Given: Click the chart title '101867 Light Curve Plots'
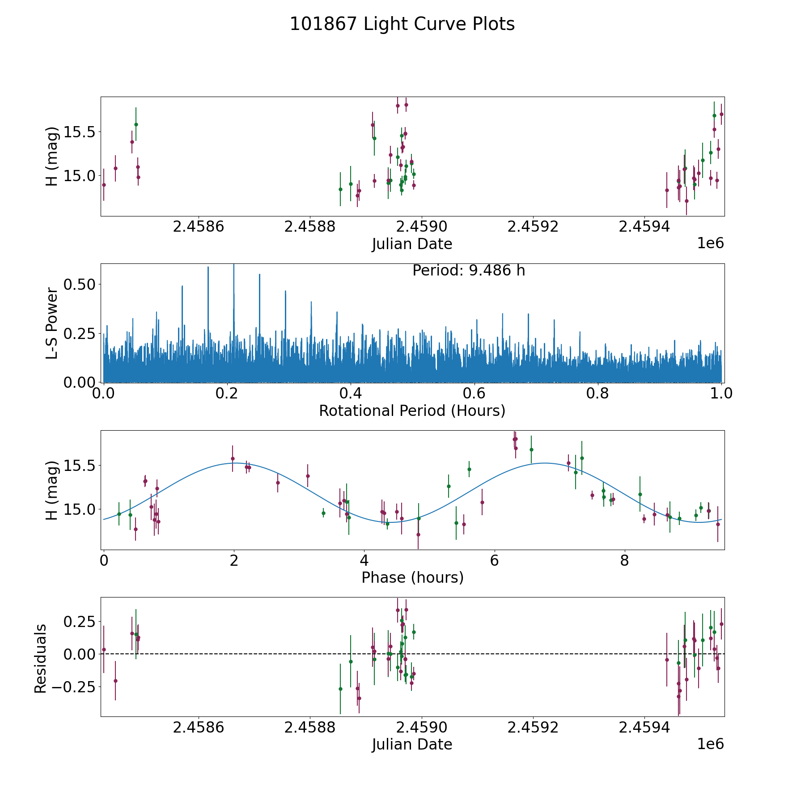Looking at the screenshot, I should pyautogui.click(x=402, y=24).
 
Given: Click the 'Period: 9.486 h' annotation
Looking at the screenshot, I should pyautogui.click(x=468, y=271).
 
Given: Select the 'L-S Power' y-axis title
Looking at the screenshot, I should pyautogui.click(x=52, y=323).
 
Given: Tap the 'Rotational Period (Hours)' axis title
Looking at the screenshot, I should pyautogui.click(x=412, y=411).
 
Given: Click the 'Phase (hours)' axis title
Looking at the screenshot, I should pyautogui.click(x=412, y=577).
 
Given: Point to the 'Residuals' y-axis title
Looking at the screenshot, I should pyautogui.click(x=40, y=659).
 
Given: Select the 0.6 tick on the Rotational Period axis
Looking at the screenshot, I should pyautogui.click(x=474, y=394).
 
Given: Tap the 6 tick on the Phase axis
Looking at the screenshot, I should pyautogui.click(x=494, y=561).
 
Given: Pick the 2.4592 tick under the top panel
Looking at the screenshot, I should pyautogui.click(x=533, y=227).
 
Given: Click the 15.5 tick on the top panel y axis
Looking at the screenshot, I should pyautogui.click(x=79, y=132).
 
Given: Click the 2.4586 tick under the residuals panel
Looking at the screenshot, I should pyautogui.click(x=198, y=728).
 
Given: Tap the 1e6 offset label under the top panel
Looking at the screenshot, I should pyautogui.click(x=710, y=243).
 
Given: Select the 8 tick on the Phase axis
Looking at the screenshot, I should pyautogui.click(x=624, y=561).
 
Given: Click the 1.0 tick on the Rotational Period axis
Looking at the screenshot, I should pyautogui.click(x=721, y=394).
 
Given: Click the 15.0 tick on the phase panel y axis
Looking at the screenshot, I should pyautogui.click(x=79, y=509).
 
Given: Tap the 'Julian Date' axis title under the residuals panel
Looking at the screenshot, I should pyautogui.click(x=412, y=745).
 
